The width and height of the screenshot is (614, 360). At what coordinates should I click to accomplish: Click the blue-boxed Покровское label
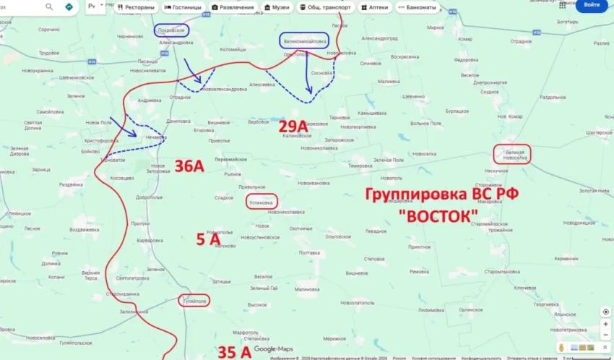171,30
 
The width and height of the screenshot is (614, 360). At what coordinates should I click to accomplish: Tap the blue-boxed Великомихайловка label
305,41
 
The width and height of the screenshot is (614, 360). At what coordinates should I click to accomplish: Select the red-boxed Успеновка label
261,203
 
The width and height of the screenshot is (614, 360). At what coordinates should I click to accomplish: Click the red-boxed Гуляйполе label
194,301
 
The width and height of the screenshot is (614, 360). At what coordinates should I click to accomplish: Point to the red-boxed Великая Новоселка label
511,153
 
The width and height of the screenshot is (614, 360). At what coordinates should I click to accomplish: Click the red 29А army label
295,126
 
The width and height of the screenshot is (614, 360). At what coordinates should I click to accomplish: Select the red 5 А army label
209,240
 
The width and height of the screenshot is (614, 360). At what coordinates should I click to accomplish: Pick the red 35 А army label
235,353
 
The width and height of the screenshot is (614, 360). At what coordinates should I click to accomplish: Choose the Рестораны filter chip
134,7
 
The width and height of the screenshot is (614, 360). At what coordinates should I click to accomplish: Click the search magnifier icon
49,7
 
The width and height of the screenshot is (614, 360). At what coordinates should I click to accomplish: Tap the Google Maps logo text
273,349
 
